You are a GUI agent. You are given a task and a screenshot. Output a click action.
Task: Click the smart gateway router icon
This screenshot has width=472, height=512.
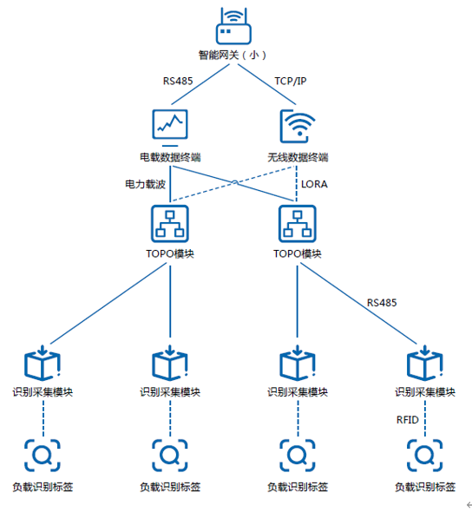point(233,26)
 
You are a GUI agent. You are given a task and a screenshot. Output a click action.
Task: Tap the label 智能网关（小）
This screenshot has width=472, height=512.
point(233,55)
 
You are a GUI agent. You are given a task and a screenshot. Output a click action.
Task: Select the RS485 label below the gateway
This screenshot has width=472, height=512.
point(178,81)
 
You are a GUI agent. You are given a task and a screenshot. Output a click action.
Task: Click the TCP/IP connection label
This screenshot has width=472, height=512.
point(290,81)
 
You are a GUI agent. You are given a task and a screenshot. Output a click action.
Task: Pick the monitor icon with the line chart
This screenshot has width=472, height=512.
point(170,128)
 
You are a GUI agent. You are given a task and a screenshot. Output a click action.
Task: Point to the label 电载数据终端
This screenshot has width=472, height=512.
point(170,157)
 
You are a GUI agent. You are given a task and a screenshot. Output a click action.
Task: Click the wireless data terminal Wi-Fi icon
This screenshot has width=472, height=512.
point(298,126)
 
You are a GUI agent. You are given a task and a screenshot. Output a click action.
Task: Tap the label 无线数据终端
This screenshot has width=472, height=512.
point(298,157)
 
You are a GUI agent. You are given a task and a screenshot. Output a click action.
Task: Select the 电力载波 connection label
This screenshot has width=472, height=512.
point(145,184)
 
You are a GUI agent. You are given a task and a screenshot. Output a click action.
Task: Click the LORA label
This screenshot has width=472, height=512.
point(314,184)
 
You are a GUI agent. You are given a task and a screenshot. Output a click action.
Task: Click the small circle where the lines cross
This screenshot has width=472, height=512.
point(234,182)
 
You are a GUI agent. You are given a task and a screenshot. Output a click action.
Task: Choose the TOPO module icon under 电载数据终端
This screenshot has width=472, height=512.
point(170,224)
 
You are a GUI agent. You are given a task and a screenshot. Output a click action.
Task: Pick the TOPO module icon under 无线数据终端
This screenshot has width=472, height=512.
point(297,224)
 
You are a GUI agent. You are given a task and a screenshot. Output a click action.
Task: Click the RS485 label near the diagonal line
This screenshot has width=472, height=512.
point(382,303)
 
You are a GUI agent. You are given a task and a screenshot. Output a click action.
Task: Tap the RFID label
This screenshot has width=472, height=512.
point(408,420)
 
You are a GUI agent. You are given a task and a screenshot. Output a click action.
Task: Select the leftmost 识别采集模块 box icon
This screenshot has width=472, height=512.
point(43,363)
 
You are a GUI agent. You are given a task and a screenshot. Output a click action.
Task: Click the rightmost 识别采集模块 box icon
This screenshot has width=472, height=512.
point(424,363)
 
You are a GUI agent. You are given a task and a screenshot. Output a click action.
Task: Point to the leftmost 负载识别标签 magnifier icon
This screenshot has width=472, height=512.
point(43,456)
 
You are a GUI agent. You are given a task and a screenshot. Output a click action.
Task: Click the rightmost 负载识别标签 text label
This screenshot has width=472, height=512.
point(425,487)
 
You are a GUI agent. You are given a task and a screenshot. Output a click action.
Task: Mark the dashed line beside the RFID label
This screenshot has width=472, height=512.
point(424,418)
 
